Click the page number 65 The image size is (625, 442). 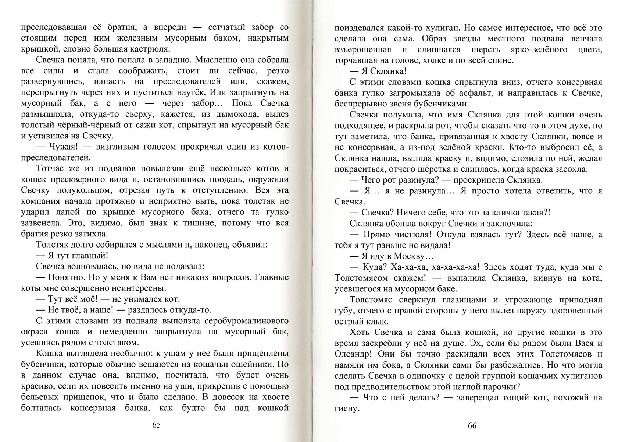click(x=156, y=425)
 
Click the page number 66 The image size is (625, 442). click(x=472, y=426)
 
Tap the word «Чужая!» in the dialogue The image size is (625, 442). click(x=63, y=147)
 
